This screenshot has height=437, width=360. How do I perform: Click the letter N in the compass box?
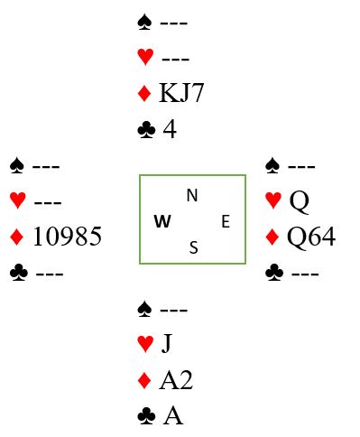click(192, 195)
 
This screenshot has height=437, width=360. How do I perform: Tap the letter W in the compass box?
click(162, 221)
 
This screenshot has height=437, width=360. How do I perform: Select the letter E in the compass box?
click(226, 221)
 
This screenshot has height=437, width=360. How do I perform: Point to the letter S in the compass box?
click(194, 247)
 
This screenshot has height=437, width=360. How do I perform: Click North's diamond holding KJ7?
click(181, 93)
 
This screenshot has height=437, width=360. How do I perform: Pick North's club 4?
click(170, 129)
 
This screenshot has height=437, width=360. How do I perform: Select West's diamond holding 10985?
click(67, 237)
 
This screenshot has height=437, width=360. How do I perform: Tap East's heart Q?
click(299, 201)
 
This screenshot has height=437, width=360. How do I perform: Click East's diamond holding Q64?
click(311, 237)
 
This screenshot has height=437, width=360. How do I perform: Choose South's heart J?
click(167, 343)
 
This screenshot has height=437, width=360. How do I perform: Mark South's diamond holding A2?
click(176, 380)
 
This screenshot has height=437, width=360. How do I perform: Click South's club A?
click(173, 415)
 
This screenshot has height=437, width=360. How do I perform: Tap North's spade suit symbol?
click(144, 23)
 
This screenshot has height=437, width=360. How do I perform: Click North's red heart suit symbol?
click(145, 57)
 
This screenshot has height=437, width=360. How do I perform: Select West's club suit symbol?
click(19, 273)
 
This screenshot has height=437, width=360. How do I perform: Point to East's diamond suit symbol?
click(272, 237)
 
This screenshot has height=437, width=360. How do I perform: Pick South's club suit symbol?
click(146, 416)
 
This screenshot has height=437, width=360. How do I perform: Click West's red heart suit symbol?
click(18, 200)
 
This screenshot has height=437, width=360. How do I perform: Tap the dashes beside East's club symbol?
click(305, 274)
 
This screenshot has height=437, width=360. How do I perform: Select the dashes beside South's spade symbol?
click(174, 310)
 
